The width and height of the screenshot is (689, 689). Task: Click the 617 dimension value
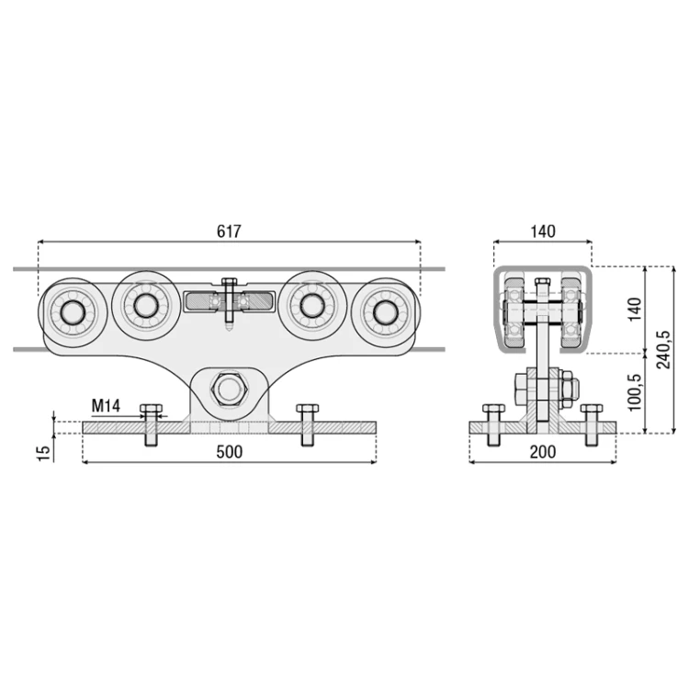229,232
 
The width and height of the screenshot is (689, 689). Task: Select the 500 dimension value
230,452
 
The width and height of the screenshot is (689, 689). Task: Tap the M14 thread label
106,406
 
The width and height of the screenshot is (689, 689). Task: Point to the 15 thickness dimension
44,453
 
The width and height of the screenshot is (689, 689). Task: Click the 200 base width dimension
543,452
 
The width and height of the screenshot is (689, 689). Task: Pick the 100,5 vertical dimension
635,392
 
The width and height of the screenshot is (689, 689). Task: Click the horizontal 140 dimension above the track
543,232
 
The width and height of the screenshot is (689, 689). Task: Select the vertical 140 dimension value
635,309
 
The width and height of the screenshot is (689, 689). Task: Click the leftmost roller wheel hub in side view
73,312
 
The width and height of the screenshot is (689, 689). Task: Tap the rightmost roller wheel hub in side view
385,312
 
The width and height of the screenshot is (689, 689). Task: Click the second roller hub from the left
145,305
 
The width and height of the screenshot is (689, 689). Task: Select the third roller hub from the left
311,305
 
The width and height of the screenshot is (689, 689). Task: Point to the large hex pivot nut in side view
229,389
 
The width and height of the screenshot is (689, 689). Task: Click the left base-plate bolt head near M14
152,408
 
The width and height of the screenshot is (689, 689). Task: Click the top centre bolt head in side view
230,282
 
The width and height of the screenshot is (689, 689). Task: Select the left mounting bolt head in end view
493,408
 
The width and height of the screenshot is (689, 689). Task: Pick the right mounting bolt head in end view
592,408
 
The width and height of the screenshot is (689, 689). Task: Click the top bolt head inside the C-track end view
543,282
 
